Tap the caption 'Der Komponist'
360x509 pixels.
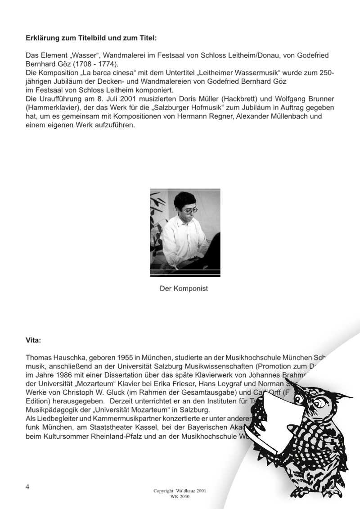pyautogui.click(x=184, y=288)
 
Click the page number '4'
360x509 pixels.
pyautogui.click(x=28, y=487)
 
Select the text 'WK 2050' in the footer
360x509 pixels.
pyautogui.click(x=180, y=495)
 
